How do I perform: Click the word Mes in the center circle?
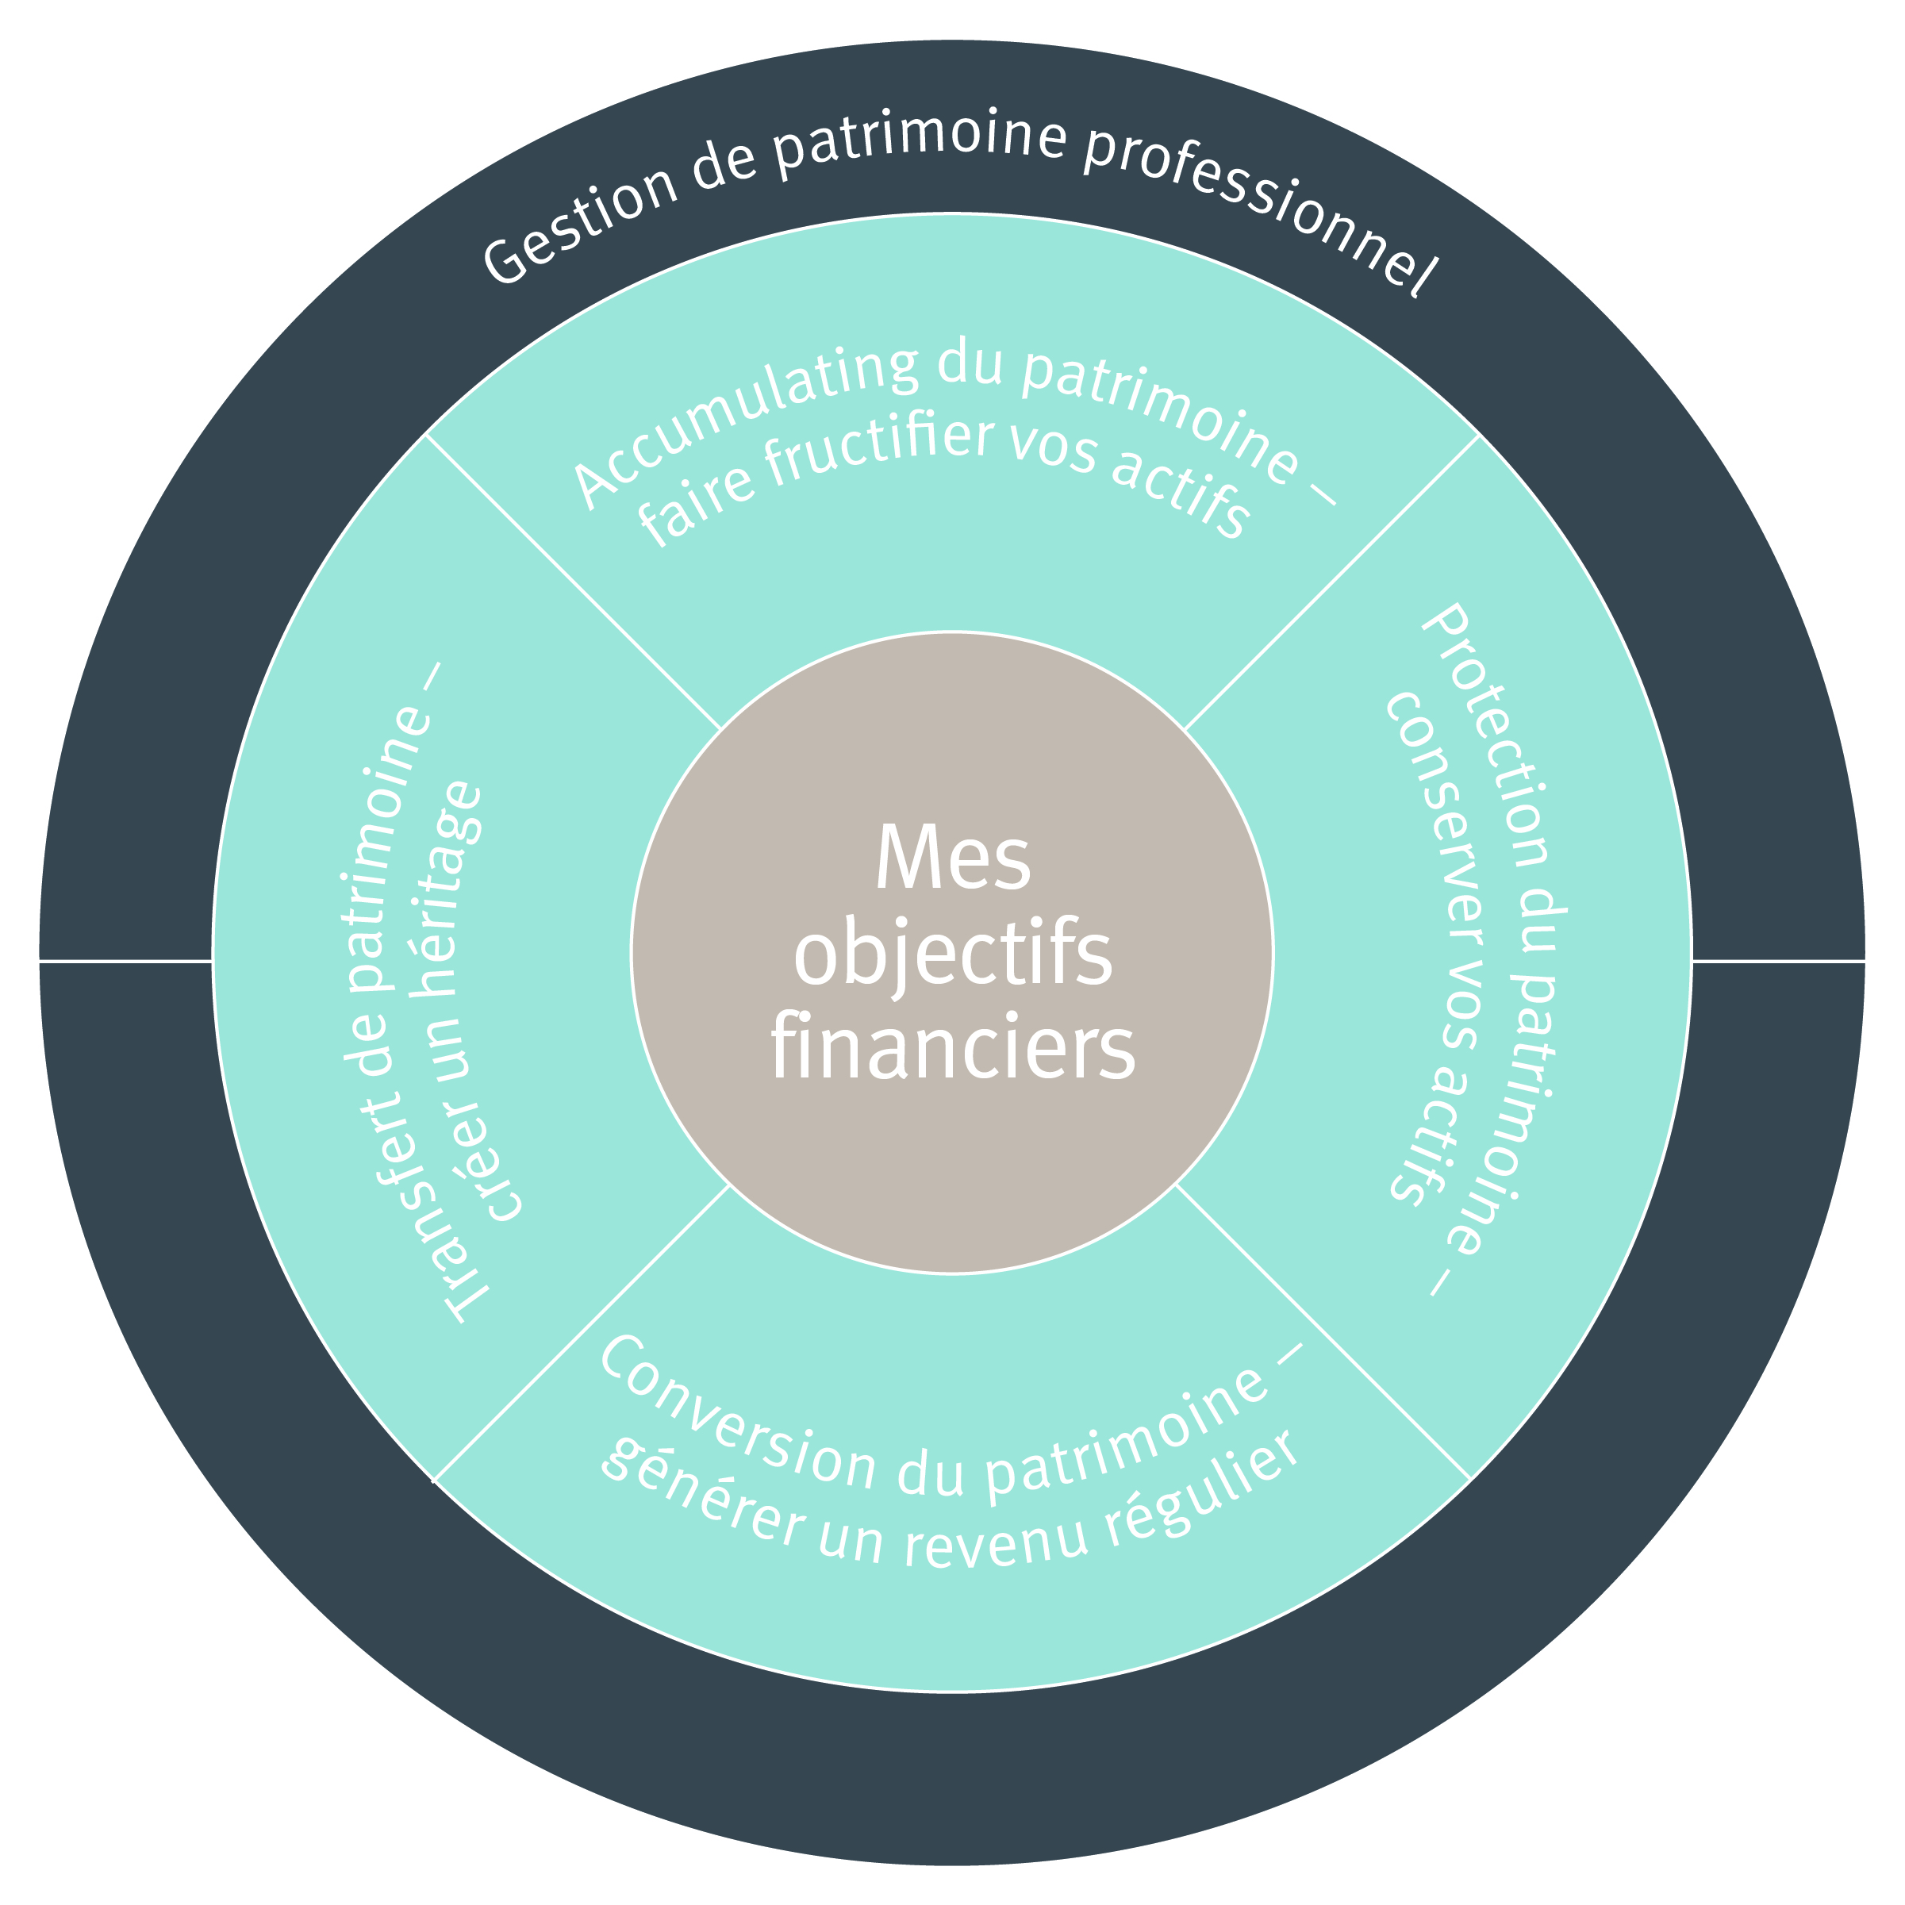pos(951,858)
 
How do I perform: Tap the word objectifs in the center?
pos(951,956)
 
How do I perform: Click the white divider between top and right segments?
pos(1331,582)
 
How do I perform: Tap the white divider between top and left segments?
pos(572,582)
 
